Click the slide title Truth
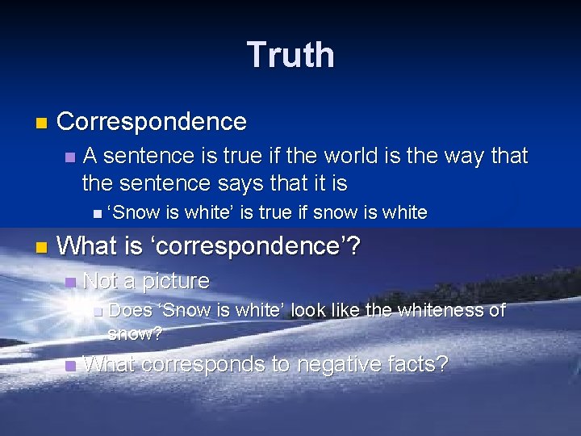[x=290, y=55]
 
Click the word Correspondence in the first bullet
[x=152, y=122]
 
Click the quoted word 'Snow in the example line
[x=134, y=212]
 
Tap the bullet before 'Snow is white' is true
[x=97, y=214]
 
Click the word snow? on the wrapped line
[x=135, y=333]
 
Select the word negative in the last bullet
[x=323, y=364]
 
